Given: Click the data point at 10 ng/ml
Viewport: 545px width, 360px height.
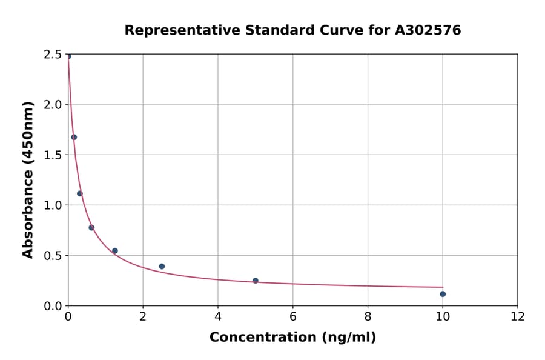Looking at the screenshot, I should click(443, 294).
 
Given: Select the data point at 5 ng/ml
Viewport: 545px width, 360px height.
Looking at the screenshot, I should click(256, 281).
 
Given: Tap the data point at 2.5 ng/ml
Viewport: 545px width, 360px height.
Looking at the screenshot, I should click(162, 266).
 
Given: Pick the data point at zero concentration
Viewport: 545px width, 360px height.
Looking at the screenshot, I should click(68, 56).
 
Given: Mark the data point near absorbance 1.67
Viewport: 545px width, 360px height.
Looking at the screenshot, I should click(74, 137).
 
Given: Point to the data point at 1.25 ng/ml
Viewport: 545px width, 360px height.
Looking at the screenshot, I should click(115, 251).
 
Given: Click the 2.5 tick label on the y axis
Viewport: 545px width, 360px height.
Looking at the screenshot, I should click(54, 55).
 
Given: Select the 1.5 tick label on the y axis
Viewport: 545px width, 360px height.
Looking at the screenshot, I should click(54, 155).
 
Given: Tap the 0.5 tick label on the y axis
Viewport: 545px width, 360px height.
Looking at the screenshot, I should click(54, 256).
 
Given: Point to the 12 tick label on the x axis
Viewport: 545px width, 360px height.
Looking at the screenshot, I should click(518, 316).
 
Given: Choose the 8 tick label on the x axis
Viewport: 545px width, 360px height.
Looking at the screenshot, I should click(368, 316).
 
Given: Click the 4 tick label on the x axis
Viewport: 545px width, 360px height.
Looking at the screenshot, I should click(218, 316).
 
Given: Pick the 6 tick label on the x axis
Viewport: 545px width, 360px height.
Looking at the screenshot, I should click(293, 316).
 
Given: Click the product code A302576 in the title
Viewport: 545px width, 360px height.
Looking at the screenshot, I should click(428, 30).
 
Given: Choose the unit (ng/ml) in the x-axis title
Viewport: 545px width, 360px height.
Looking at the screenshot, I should click(349, 338).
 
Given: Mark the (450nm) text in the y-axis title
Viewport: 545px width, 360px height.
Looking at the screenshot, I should click(28, 132).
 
